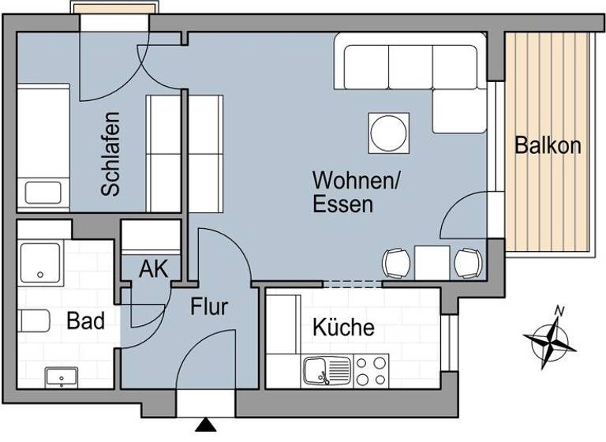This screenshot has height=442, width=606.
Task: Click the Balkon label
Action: click(548, 145)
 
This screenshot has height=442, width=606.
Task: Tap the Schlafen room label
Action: click(110, 153)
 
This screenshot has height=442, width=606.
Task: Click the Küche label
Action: click(343, 327)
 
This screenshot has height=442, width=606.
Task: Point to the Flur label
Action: click(209, 306)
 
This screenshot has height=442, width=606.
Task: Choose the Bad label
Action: click(85, 321)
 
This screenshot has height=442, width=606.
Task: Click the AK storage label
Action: click(153, 268)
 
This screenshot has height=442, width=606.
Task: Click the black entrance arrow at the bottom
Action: click(206, 427)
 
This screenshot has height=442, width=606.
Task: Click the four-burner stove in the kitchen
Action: click(370, 371)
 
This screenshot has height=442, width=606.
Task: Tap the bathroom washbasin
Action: click(60, 377)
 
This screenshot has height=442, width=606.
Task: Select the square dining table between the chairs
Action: click(432, 262)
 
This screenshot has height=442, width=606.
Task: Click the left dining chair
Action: click(397, 263)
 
